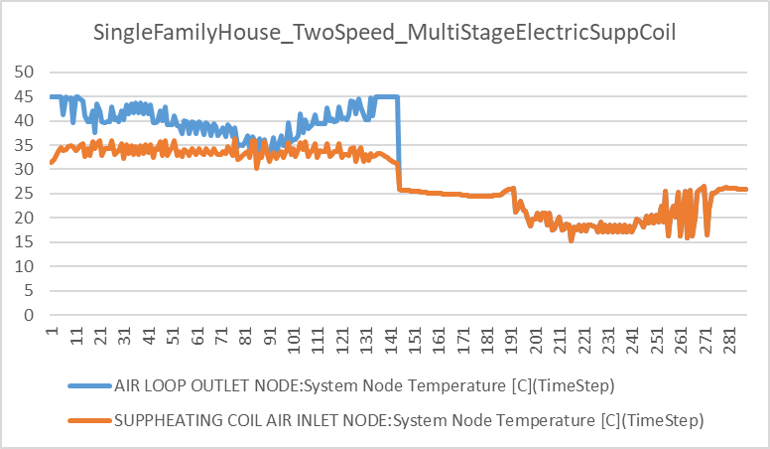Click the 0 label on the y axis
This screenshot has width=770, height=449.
pos(29,315)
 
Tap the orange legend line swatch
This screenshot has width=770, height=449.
pos(88,421)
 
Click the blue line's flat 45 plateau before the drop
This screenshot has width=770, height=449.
pos(385,96)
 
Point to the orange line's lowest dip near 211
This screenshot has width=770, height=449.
pos(571,239)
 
